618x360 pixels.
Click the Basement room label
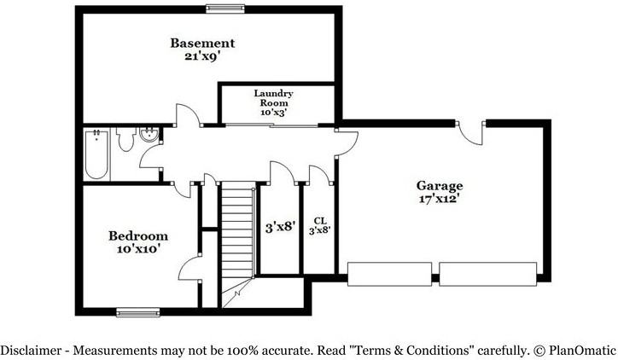tap(202, 43)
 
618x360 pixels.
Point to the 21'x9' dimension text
tap(202, 56)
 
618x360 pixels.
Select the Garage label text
tap(440, 185)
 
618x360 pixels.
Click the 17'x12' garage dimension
tap(440, 200)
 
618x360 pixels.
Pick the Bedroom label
tap(137, 235)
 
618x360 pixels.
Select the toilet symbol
tap(126, 139)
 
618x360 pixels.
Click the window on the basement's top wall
tap(224, 9)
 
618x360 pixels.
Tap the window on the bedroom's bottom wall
tap(138, 312)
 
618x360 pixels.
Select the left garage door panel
tap(388, 274)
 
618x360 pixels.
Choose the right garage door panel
tap(487, 274)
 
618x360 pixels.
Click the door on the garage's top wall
tap(470, 131)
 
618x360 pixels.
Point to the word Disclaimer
tap(30, 350)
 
